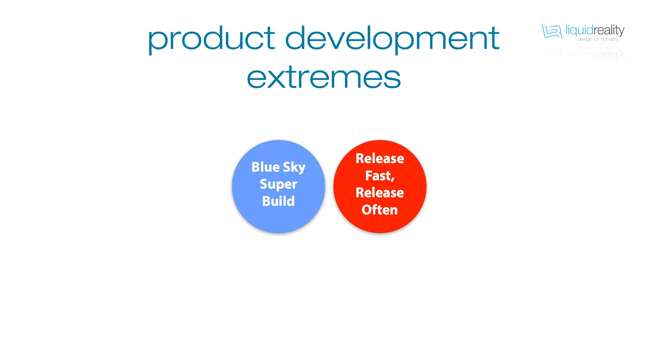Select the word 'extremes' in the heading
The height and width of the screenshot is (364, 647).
point(323,77)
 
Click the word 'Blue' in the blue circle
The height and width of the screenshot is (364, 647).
point(265,167)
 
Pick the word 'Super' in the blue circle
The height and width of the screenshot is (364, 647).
point(278,184)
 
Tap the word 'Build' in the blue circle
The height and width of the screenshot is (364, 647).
point(278,201)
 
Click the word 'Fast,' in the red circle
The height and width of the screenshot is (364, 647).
point(380,176)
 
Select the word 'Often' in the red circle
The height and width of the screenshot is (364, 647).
point(380,210)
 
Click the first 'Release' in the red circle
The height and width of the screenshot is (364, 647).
point(380,159)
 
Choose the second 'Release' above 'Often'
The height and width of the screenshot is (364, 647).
point(380,193)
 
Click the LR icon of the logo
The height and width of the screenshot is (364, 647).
point(552,31)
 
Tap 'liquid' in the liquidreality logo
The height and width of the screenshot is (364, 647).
point(579,31)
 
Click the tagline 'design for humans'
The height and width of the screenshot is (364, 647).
point(597,39)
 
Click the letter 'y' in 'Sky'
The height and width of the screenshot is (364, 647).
point(302,169)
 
